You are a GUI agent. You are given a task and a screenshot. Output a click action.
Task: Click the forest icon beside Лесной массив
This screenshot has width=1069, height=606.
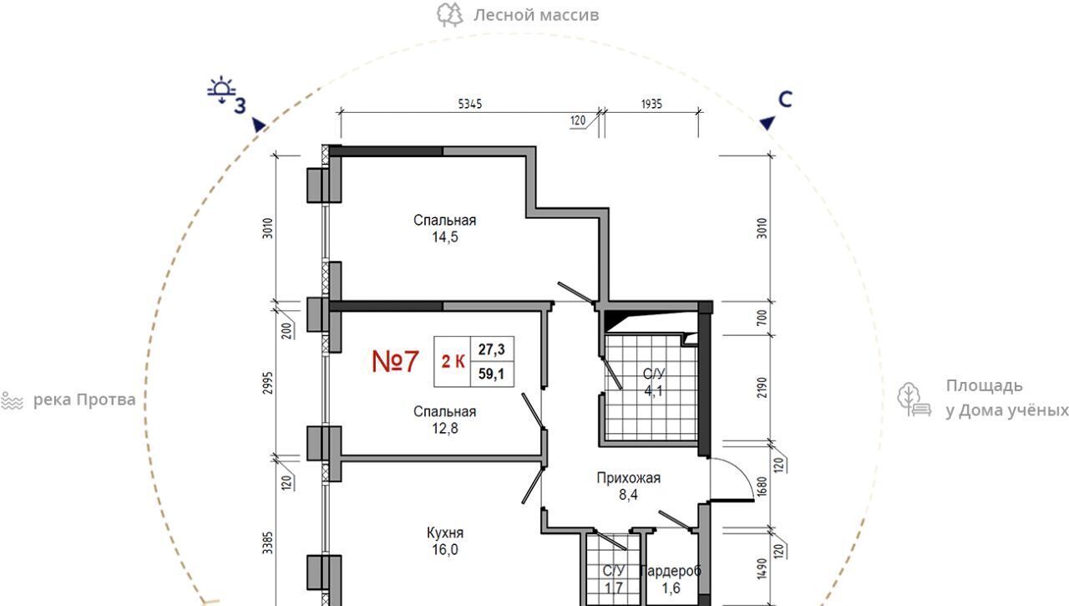(449, 15)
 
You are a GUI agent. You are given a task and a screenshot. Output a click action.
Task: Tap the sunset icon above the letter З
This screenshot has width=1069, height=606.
(221, 89)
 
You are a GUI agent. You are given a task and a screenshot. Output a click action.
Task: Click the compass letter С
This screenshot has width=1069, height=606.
(785, 99)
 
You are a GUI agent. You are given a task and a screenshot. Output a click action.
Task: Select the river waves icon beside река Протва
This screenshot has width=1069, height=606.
(12, 400)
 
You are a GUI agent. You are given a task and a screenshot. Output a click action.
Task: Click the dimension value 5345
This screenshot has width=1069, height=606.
(470, 104)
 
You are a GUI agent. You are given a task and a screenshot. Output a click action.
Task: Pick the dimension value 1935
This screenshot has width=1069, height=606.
(651, 104)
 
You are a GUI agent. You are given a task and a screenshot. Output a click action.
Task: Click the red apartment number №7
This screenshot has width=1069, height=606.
(395, 361)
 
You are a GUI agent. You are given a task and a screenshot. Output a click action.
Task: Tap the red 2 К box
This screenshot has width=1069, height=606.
(453, 361)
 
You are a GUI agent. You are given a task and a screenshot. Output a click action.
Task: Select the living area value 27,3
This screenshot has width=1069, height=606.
(492, 349)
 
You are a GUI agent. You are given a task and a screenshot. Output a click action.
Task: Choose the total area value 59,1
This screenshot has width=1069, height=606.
(492, 374)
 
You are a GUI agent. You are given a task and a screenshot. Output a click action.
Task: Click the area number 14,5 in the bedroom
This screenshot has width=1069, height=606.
(445, 237)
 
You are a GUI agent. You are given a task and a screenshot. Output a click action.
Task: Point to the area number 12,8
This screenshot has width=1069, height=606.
(445, 428)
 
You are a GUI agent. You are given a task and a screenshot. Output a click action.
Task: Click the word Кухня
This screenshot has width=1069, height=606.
(445, 533)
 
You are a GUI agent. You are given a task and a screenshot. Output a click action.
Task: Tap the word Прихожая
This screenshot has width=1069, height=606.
(629, 478)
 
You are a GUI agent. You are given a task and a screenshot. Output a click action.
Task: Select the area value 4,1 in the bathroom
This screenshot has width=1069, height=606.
(653, 391)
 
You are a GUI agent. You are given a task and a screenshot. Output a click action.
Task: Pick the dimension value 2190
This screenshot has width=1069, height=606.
(762, 387)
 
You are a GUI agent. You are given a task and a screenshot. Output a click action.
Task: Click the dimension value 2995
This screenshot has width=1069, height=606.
(268, 383)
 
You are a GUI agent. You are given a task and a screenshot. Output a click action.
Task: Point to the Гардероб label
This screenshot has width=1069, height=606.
(671, 571)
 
